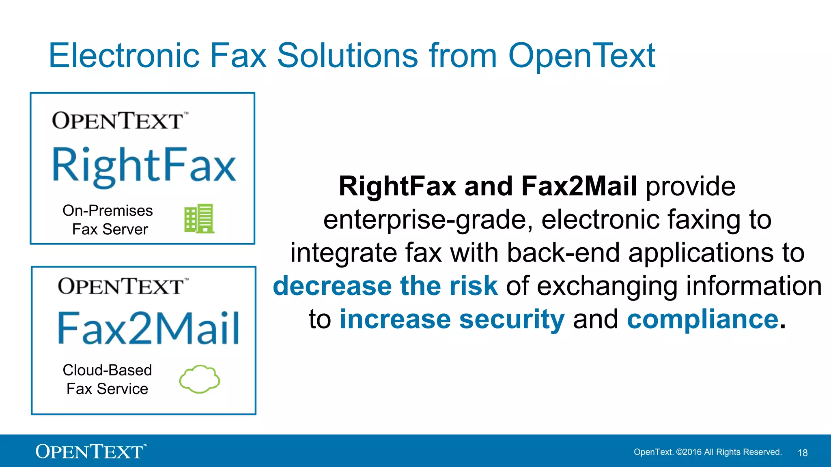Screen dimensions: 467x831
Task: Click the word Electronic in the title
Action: tap(124, 56)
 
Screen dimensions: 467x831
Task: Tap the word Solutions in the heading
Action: tap(347, 56)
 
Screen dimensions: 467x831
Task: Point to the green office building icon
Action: tap(199, 219)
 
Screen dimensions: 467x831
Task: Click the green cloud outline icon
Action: tap(200, 379)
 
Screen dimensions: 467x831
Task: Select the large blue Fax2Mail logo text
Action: tap(149, 328)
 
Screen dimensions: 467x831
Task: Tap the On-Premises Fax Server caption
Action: tap(108, 220)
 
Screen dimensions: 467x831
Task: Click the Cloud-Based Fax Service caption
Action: tap(108, 379)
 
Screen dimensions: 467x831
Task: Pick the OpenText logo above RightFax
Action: tap(119, 121)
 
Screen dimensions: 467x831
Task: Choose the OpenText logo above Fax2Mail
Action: tap(123, 287)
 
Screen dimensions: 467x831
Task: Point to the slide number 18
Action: tap(803, 453)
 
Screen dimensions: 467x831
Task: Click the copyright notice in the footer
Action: tap(708, 452)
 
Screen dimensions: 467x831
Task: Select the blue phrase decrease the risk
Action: tap(385, 286)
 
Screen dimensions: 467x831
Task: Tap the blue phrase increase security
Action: tap(452, 319)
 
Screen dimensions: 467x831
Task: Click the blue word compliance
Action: tap(703, 319)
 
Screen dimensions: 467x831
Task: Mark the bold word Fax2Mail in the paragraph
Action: tap(579, 186)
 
